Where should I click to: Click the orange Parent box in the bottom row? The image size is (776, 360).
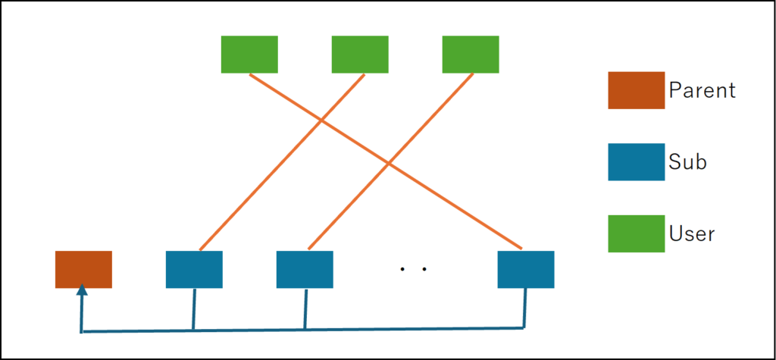(x=83, y=269)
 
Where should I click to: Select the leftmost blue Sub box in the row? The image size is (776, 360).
(x=194, y=269)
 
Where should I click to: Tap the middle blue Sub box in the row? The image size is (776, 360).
(x=305, y=269)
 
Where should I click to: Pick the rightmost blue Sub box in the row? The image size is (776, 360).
(x=526, y=269)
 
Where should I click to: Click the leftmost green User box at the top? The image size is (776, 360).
(x=249, y=54)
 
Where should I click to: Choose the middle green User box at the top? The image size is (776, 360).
(x=360, y=54)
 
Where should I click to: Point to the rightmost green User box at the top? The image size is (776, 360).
(x=471, y=54)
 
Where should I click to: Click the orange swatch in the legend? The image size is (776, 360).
(x=636, y=90)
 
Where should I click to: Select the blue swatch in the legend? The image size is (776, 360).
(x=636, y=162)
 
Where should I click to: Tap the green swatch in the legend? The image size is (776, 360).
(x=636, y=233)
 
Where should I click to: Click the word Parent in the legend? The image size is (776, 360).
(x=702, y=91)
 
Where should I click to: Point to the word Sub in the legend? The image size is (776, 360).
(x=687, y=161)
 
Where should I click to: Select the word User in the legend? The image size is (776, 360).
(x=692, y=233)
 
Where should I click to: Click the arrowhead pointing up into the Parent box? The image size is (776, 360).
(x=81, y=290)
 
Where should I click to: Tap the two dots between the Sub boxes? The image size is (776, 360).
(x=414, y=269)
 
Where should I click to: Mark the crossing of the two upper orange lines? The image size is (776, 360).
(x=321, y=120)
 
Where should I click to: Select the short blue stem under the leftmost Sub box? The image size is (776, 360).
(x=194, y=308)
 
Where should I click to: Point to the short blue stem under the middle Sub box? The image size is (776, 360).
(x=305, y=308)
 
